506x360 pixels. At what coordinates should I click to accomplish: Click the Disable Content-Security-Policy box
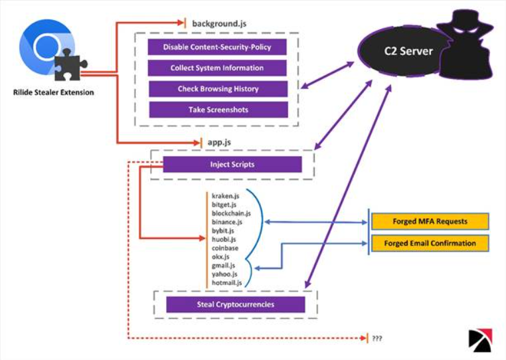pos(217,47)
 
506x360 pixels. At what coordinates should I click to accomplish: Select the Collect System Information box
pos(217,68)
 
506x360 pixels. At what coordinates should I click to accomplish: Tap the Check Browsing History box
pos(218,89)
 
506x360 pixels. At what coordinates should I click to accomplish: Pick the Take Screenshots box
pos(218,110)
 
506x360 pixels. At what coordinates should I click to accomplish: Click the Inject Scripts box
pos(232,164)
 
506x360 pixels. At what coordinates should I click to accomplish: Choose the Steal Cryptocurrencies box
pos(236,304)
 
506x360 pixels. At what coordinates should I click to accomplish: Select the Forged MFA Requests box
pos(430,221)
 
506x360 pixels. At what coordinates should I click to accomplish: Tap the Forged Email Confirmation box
pos(430,243)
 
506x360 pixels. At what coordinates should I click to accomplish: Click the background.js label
pos(219,23)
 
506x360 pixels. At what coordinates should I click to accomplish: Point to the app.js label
pos(219,142)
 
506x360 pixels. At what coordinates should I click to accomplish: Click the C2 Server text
pos(408,51)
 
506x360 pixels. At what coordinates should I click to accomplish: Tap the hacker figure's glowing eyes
pos(465,31)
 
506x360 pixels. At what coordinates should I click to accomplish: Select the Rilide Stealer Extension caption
pos(54,92)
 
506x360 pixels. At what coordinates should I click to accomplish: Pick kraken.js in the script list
pos(226,196)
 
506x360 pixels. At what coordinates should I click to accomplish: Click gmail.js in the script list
pos(223,266)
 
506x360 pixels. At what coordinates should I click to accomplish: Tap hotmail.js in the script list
pos(227,283)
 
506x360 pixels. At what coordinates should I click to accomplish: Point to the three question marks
pos(377,338)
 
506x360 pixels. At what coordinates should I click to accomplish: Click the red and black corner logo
pos(481,340)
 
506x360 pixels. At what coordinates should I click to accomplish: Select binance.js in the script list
pos(227,222)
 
